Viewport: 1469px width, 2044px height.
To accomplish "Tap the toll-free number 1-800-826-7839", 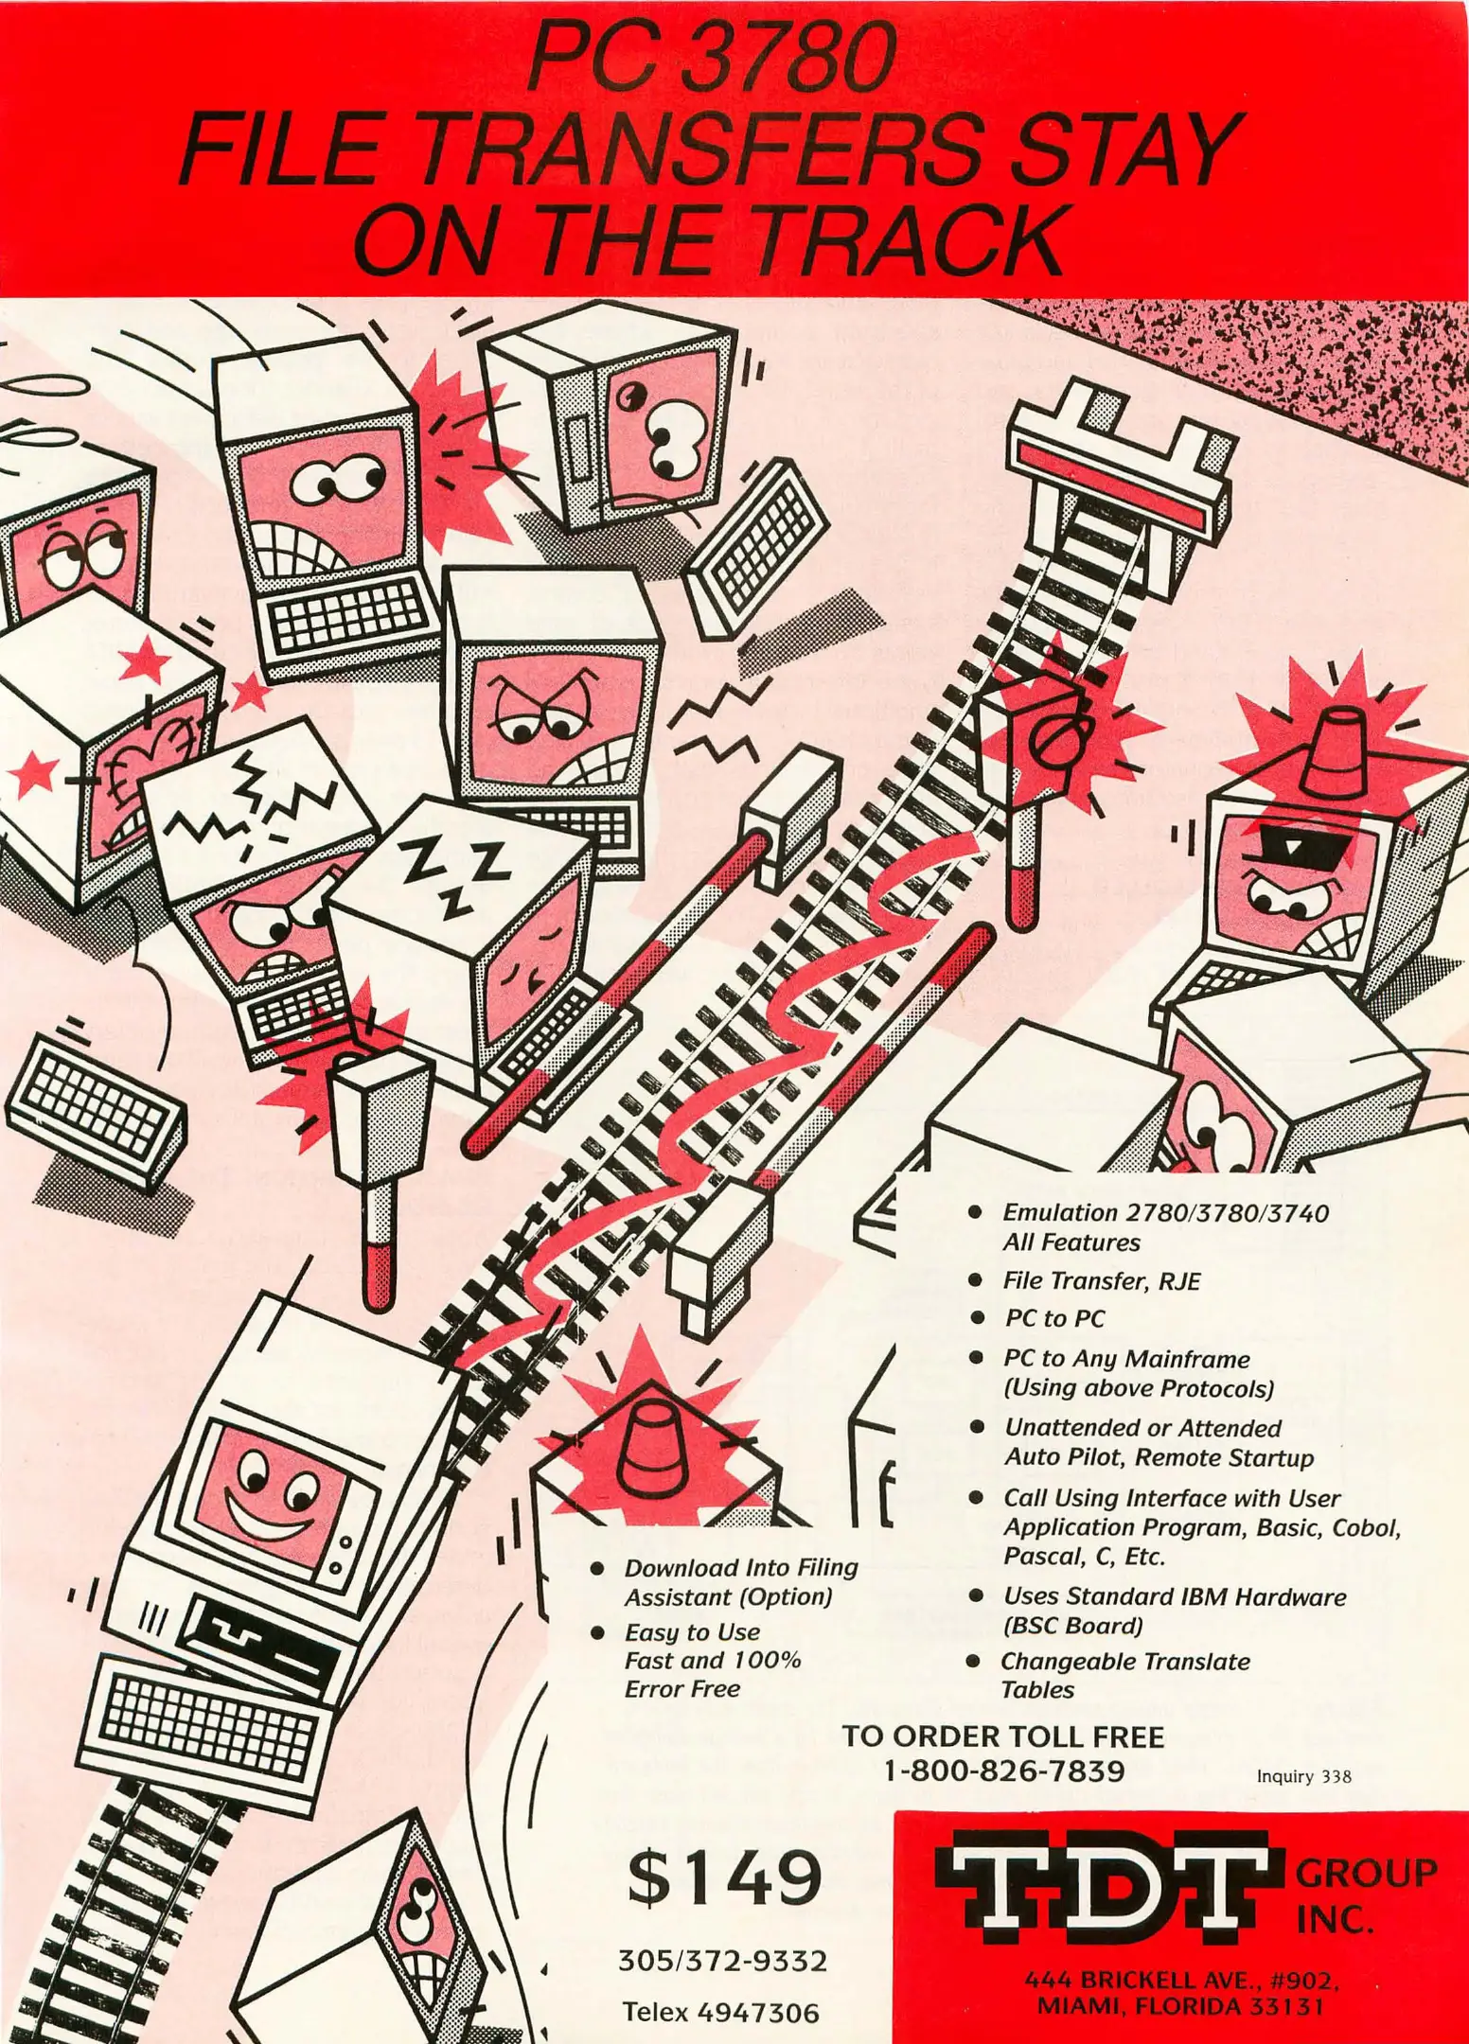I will pos(1003,1770).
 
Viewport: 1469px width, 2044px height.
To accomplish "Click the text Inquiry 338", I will pos(1303,1776).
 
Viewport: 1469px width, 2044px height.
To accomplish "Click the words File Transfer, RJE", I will pos(1101,1281).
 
